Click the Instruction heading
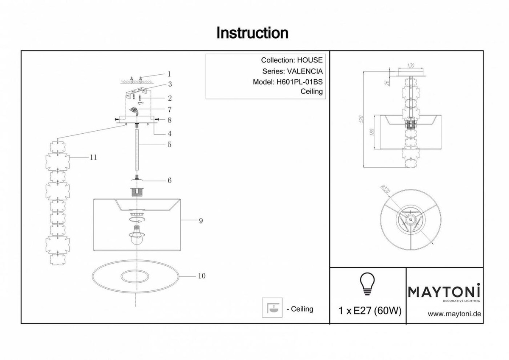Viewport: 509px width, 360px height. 252,33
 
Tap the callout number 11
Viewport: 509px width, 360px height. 94,157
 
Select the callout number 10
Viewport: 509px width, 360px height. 201,276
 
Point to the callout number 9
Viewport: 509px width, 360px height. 201,221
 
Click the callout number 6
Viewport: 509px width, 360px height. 169,180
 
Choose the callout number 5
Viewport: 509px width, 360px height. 169,145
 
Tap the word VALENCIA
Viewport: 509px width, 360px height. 305,71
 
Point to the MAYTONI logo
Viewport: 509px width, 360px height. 444,292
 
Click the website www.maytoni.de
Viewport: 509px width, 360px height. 453,314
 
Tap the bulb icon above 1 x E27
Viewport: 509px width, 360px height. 367,284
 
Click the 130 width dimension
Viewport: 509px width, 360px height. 411,66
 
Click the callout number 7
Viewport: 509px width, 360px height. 169,109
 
